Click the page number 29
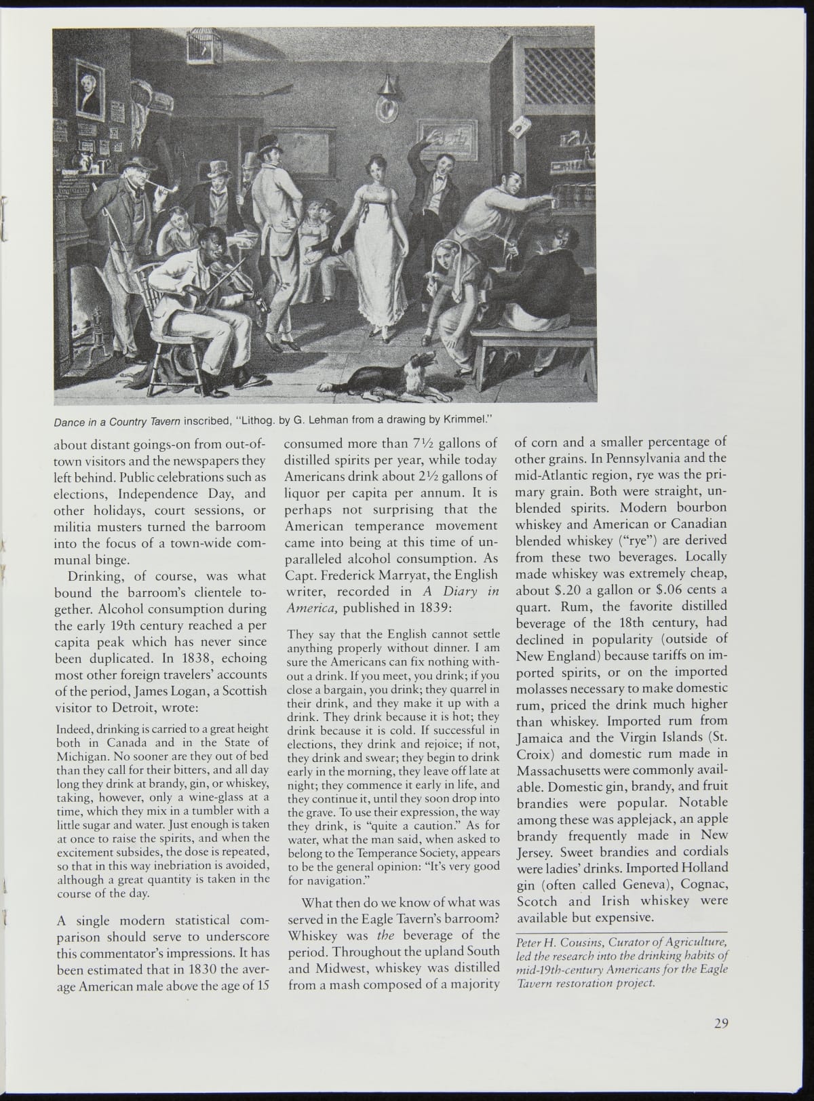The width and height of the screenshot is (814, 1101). (x=720, y=1024)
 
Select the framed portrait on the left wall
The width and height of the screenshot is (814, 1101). (x=90, y=90)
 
